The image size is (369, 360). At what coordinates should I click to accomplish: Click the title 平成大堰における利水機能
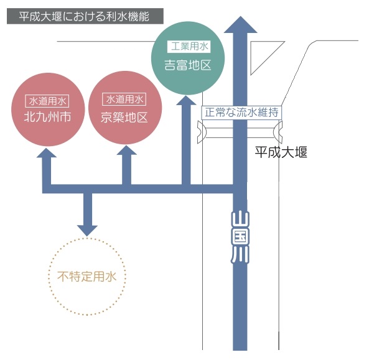coord(84,16)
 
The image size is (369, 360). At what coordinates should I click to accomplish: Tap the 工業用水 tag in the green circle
coord(189,47)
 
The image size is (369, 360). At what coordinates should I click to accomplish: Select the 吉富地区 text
coord(187,65)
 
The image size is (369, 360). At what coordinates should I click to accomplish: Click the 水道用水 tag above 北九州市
coord(47,101)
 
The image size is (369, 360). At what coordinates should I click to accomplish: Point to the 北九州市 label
coord(47,117)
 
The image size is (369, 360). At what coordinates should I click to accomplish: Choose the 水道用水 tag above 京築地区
coord(124,99)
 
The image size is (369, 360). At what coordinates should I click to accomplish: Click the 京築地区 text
coord(124,118)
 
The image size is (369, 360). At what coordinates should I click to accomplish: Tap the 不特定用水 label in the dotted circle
coord(87,277)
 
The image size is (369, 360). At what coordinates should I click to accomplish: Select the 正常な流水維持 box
coord(241,113)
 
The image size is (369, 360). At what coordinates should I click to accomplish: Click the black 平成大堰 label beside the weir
coord(281,152)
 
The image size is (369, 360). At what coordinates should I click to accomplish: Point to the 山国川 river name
coord(240,237)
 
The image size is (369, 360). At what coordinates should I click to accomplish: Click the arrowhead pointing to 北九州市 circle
coord(47,153)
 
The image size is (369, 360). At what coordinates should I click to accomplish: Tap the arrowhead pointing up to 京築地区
coord(126,150)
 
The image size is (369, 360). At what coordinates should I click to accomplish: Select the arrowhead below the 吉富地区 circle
coord(186,100)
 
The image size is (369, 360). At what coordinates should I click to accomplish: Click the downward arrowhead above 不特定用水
coord(87,231)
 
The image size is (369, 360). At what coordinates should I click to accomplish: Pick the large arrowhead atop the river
coord(240,24)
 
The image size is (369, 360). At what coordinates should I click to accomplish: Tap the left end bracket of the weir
coord(202,132)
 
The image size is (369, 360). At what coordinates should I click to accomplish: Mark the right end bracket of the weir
coord(278,132)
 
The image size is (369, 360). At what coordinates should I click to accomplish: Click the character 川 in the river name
coord(240,256)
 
